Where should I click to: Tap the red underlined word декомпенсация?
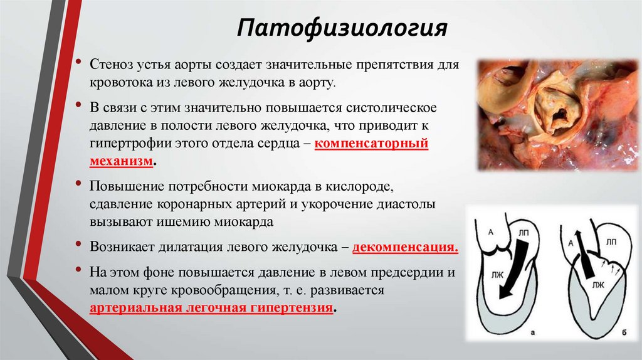point(405,246)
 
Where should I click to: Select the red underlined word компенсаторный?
point(371,143)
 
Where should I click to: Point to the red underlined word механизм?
point(121,161)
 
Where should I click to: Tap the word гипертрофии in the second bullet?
point(126,143)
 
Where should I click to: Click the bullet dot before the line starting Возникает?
point(78,245)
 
